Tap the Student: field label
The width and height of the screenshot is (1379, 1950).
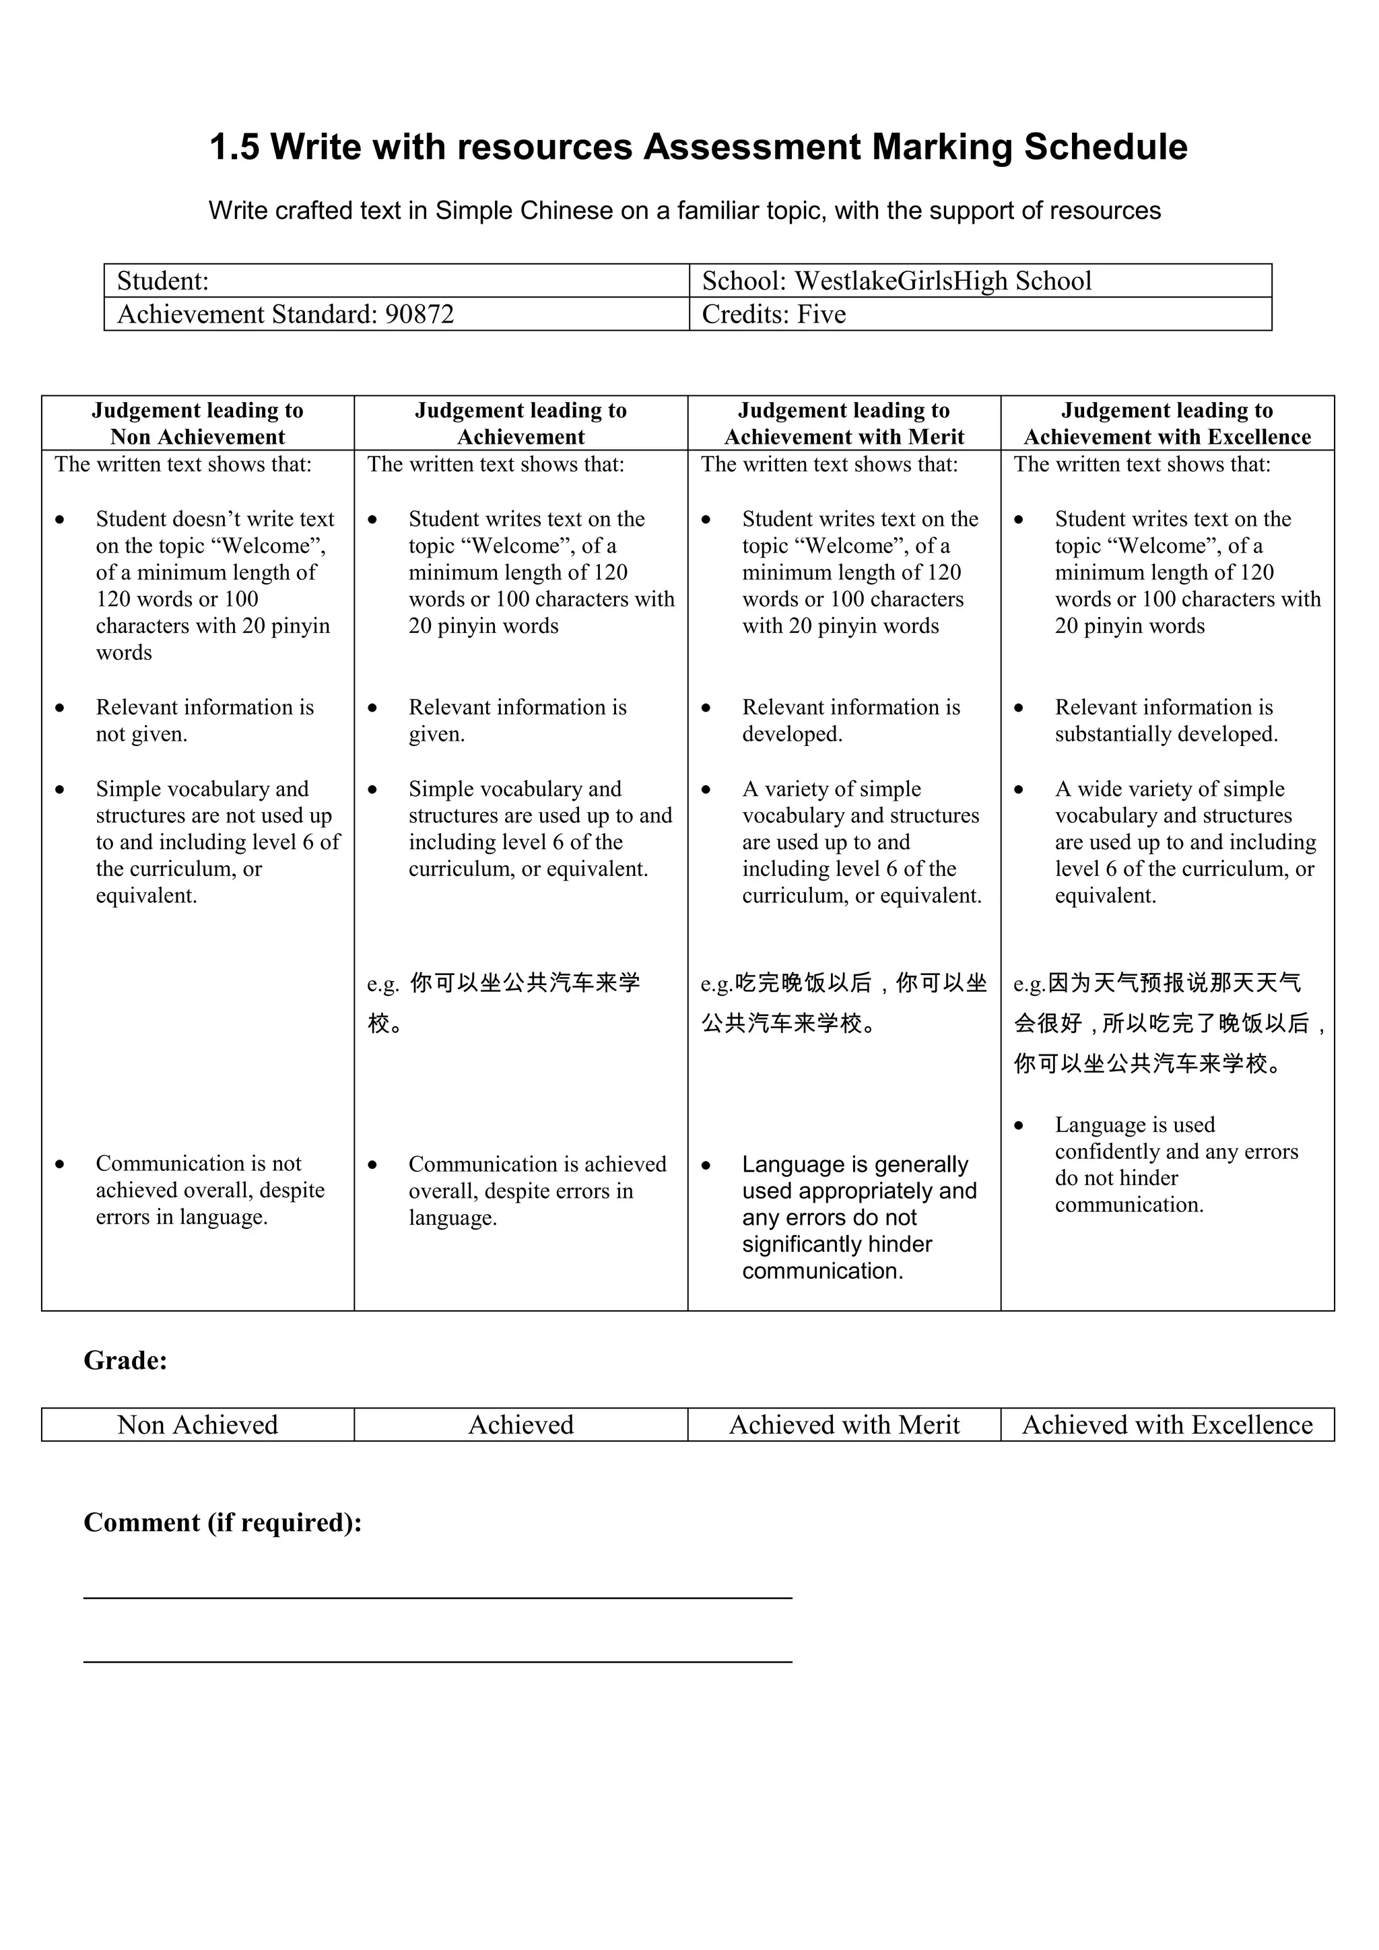(163, 281)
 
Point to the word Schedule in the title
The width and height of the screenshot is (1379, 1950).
(1105, 147)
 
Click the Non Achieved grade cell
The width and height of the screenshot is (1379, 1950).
(197, 1424)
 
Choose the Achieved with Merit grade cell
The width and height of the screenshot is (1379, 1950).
(844, 1424)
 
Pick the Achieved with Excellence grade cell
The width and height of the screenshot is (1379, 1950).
(1167, 1424)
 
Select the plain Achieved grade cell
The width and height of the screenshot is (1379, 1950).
(520, 1424)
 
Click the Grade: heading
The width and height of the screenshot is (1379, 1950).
(126, 1361)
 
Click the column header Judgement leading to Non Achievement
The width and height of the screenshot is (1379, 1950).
(197, 423)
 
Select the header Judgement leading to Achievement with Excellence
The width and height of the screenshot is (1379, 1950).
(1167, 423)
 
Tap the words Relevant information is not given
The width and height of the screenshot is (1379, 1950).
(204, 720)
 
